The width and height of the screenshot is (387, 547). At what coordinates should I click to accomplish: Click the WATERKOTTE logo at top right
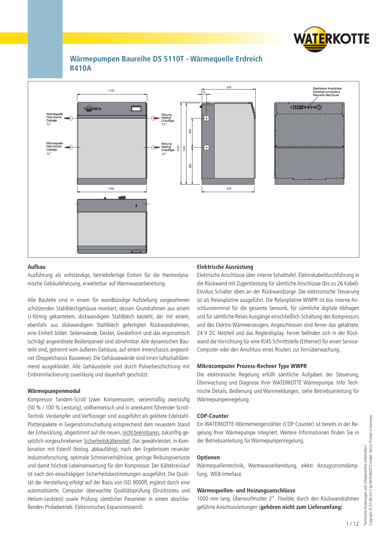[x=331, y=39]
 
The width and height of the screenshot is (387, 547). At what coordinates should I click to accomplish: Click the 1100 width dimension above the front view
[x=111, y=91]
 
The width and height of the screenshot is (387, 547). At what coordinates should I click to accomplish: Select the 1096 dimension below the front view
[x=111, y=189]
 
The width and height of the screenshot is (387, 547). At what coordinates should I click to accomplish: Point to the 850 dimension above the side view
[x=229, y=87]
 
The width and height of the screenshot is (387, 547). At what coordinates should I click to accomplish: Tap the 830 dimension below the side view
[x=229, y=189]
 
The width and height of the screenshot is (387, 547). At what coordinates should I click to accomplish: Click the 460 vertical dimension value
[x=190, y=132]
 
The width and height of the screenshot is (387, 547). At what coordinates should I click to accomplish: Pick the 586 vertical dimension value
[x=190, y=166]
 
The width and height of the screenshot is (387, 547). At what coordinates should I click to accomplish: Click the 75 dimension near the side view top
[x=204, y=92]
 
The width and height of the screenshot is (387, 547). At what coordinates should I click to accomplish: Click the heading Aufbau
[x=36, y=267]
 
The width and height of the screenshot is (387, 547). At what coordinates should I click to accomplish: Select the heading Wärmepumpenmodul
[x=54, y=391]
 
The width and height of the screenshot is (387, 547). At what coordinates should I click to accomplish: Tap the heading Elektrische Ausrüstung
[x=225, y=267]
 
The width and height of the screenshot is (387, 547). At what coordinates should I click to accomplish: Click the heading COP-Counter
[x=213, y=416]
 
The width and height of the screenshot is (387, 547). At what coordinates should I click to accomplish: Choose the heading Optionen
[x=208, y=457]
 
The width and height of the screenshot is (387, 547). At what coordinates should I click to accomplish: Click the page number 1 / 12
[x=352, y=524]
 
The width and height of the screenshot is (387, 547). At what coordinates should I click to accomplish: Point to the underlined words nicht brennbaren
[x=141, y=433]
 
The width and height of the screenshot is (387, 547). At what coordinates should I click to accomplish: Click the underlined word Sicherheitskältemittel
[x=107, y=441]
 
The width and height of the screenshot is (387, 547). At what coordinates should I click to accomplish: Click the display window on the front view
[x=136, y=109]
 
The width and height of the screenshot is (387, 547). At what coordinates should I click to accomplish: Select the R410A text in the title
[x=81, y=68]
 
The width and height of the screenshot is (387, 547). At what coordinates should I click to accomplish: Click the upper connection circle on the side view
[x=206, y=118]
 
